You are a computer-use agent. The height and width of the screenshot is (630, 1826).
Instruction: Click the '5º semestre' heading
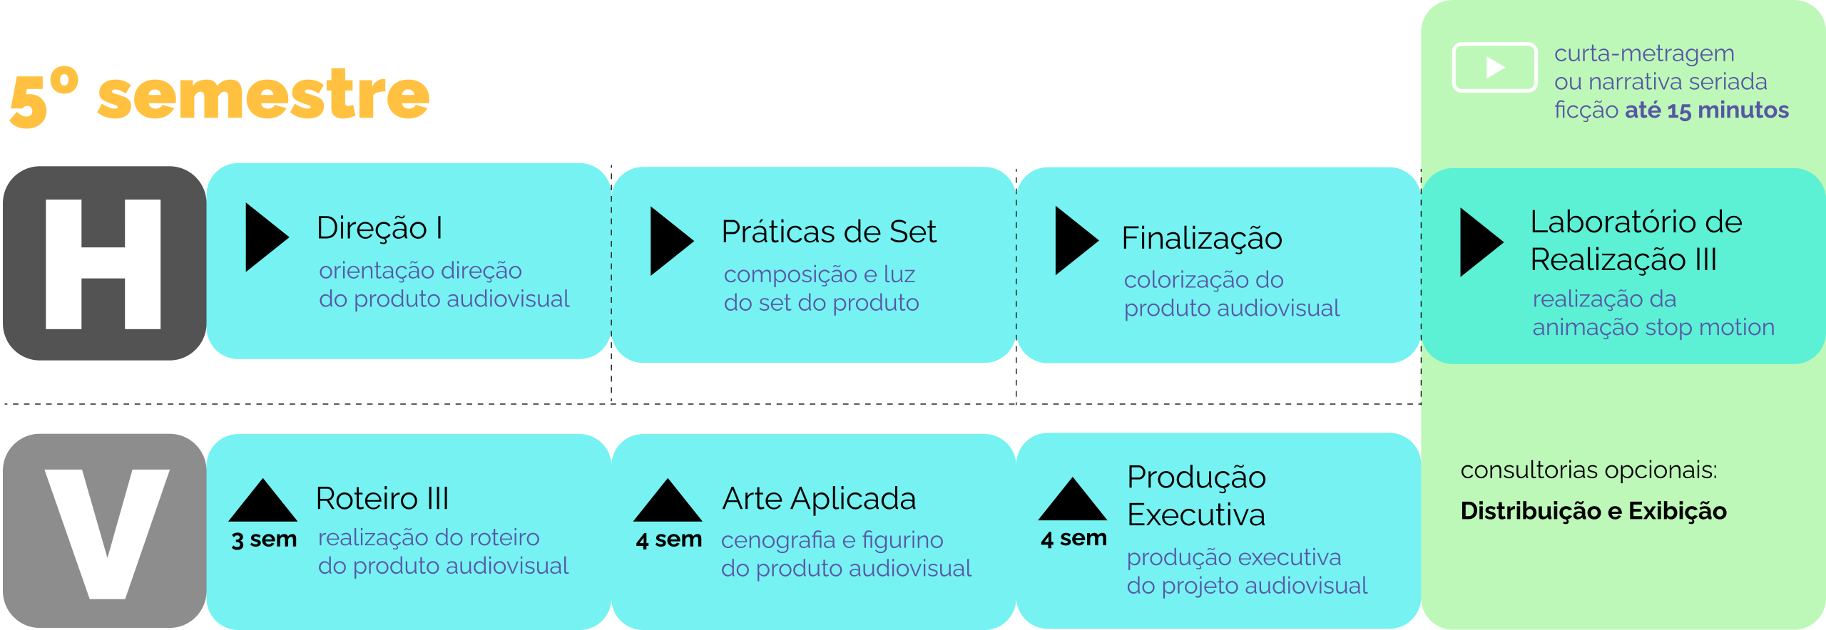220,97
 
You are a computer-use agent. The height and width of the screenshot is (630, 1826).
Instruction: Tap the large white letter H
103,264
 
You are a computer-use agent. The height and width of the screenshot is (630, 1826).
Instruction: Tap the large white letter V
107,533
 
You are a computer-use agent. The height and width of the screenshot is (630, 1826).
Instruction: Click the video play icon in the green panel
1494,68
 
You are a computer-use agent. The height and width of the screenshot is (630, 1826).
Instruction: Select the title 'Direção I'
379,228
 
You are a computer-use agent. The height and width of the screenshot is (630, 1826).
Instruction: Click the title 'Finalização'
1202,238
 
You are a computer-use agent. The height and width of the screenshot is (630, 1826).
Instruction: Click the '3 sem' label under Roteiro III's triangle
264,539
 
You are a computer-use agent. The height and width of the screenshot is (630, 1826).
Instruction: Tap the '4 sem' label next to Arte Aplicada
669,539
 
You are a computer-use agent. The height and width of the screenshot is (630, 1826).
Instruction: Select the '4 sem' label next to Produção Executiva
1073,538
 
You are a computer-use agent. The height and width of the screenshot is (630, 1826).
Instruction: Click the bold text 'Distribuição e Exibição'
1593,511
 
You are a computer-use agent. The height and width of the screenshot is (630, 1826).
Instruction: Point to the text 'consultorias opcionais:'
1588,470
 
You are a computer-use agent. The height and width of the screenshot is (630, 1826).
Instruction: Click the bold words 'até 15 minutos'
1707,110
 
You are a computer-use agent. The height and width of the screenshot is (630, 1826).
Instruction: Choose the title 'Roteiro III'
382,499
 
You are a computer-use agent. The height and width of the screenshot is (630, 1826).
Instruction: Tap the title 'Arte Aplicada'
819,499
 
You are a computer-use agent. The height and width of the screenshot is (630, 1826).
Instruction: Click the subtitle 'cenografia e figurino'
832,540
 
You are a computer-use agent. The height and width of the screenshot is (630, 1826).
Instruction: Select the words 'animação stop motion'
1653,327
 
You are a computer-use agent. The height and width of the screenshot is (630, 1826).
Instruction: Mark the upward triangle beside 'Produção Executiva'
1073,500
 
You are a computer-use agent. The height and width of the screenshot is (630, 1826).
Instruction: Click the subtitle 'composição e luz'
819,274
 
